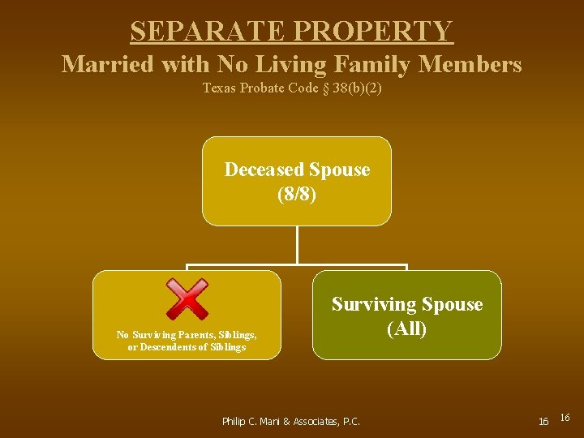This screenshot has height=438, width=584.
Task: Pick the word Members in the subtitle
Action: (470, 63)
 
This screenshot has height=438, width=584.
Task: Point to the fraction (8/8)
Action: (296, 195)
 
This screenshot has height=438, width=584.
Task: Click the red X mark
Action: (187, 299)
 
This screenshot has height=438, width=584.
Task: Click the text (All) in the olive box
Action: (406, 329)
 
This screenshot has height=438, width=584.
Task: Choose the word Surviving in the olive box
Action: (371, 304)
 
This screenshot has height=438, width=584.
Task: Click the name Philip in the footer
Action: (235, 421)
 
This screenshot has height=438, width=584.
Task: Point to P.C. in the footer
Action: (351, 421)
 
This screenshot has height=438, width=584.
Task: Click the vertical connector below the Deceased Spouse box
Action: (297, 244)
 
